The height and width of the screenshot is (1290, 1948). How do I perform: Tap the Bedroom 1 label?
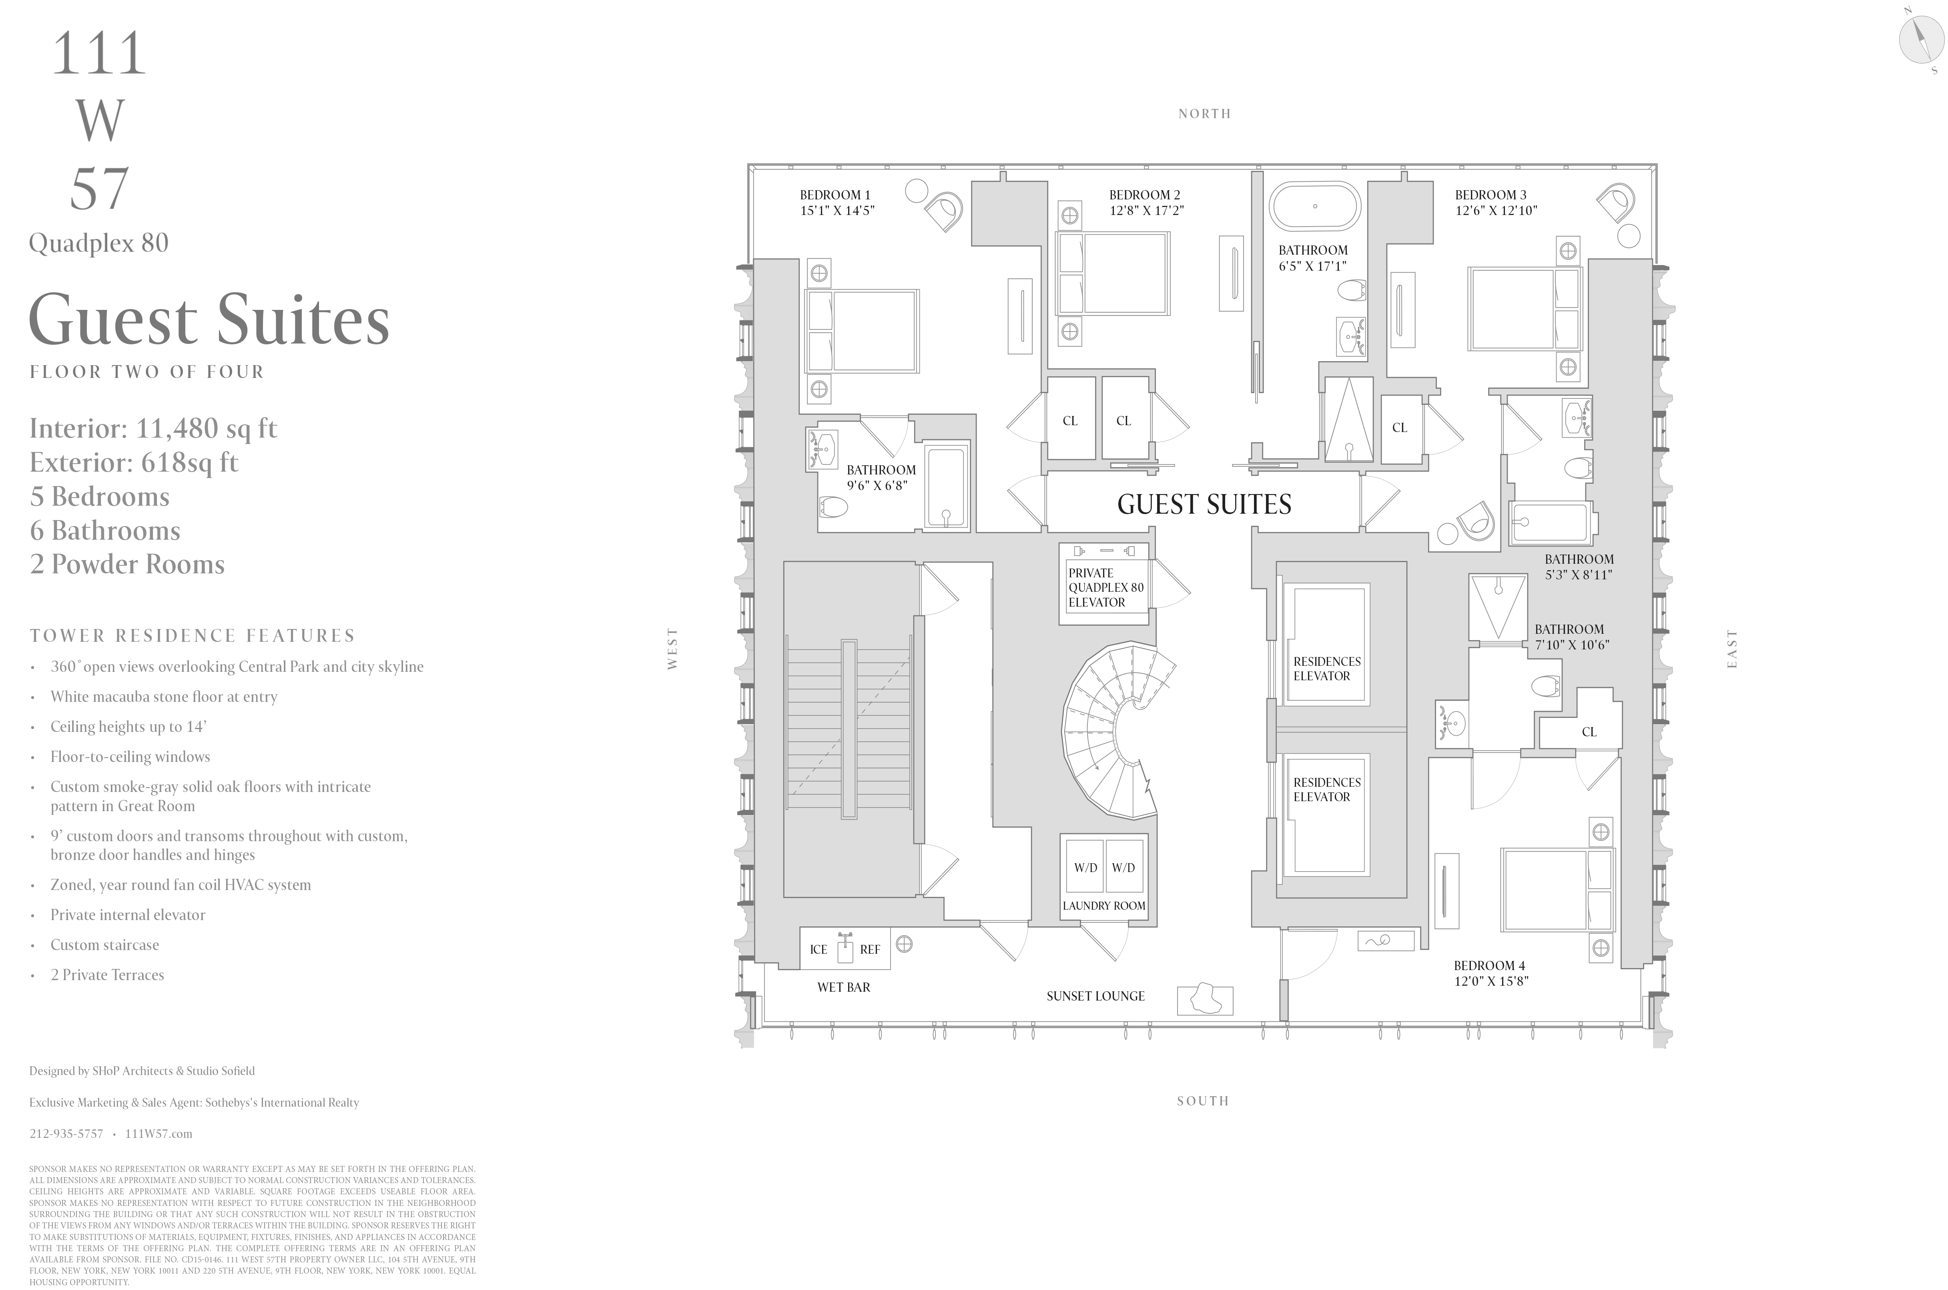coord(835,195)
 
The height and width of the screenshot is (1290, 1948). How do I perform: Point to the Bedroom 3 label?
coord(1490,195)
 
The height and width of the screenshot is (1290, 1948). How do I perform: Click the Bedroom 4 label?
coord(1489,965)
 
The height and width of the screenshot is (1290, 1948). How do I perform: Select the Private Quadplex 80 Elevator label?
coord(1105,587)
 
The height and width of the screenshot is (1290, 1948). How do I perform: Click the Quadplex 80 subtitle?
coord(99,243)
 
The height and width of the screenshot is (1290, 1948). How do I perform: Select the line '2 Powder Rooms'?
coord(127,565)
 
